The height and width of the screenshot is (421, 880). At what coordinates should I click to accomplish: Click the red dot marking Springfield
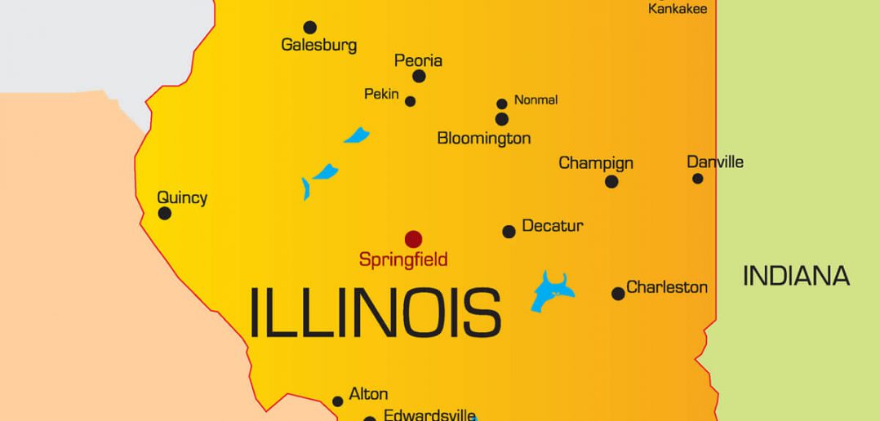[x=414, y=239]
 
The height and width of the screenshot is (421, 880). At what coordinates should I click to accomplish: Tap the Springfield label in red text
[x=403, y=260]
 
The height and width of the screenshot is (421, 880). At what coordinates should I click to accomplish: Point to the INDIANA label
[x=796, y=276]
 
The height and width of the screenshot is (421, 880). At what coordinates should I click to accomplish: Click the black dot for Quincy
[x=165, y=214]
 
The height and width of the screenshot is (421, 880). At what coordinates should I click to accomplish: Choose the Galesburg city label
[x=318, y=45]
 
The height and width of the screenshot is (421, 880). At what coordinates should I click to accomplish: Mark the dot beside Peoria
[x=419, y=76]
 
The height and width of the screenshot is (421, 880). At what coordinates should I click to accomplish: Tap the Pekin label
[x=381, y=95]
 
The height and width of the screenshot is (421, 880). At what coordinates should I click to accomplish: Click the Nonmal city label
[x=536, y=100]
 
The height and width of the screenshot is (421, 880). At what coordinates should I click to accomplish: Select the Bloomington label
[x=484, y=138]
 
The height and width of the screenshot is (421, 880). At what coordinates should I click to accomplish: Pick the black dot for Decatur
[x=509, y=232]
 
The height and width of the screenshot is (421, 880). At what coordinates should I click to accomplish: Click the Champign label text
[x=596, y=163]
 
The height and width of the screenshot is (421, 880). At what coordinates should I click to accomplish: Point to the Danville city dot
[x=697, y=178]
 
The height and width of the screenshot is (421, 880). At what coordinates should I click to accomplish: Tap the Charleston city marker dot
[x=618, y=294]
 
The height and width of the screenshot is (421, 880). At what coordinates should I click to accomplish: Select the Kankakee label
[x=678, y=9]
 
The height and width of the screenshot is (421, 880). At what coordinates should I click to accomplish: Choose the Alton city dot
[x=337, y=401]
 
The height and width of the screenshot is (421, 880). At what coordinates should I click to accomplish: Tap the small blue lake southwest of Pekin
[x=357, y=135]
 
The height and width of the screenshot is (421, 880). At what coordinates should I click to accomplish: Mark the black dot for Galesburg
[x=310, y=28]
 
